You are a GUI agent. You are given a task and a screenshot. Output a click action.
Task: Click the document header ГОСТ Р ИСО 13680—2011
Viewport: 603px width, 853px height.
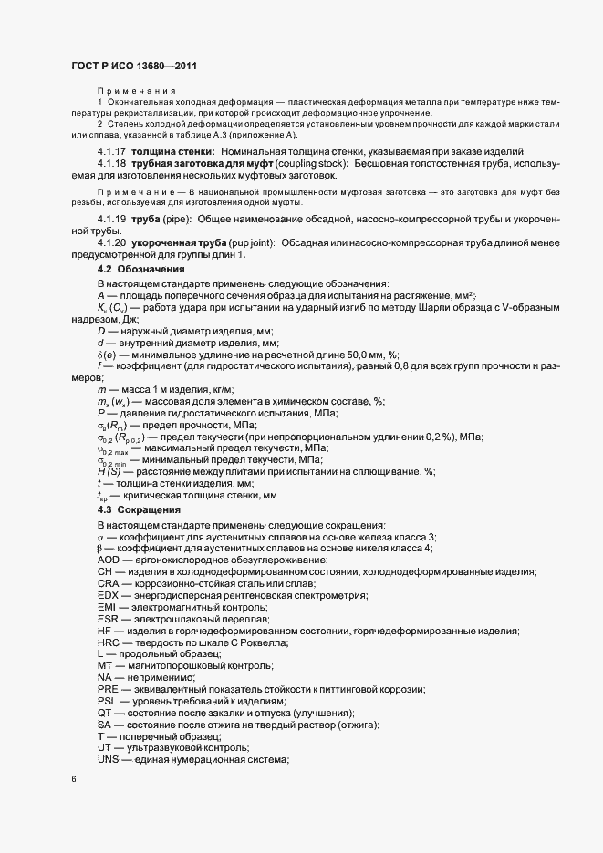coord(133,66)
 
